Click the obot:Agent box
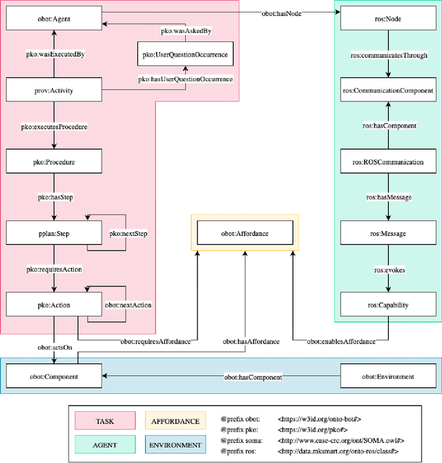[54, 19]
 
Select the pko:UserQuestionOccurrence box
[184, 54]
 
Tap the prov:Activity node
[54, 90]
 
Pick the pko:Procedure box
[54, 162]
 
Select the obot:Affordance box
[244, 234]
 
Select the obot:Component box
[54, 377]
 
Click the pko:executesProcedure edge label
[54, 127]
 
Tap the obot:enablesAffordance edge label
[341, 341]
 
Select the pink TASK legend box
[106, 420]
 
